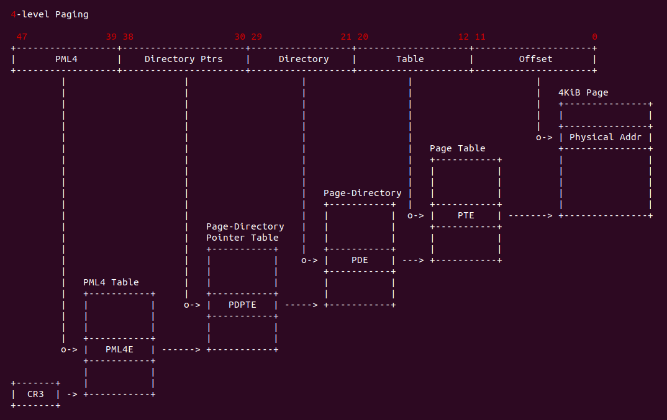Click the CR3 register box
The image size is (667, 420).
pos(35,394)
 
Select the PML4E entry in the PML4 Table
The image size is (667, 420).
pos(119,349)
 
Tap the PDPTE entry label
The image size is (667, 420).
pos(242,305)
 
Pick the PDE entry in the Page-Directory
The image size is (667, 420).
pos(360,260)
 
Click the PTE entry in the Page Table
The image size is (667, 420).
pos(466,215)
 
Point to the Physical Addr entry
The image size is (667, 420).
pos(606,137)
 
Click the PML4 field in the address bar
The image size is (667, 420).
pos(66,59)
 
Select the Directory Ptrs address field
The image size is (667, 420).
pos(183,59)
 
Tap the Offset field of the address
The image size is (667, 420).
pos(535,59)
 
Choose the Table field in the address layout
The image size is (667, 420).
pos(410,59)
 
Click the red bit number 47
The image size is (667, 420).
pos(22,37)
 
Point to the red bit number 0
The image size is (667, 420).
pos(595,37)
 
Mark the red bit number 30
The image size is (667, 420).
pos(240,37)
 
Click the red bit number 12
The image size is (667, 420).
pos(464,37)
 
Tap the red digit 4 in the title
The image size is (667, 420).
pos(14,14)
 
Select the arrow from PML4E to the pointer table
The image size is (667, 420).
pos(181,349)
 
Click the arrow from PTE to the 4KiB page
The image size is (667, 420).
pos(531,215)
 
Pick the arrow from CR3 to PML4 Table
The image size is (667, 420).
pos(72,394)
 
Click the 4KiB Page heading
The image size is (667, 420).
pos(583,92)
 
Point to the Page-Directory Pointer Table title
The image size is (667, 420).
pos(245,232)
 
